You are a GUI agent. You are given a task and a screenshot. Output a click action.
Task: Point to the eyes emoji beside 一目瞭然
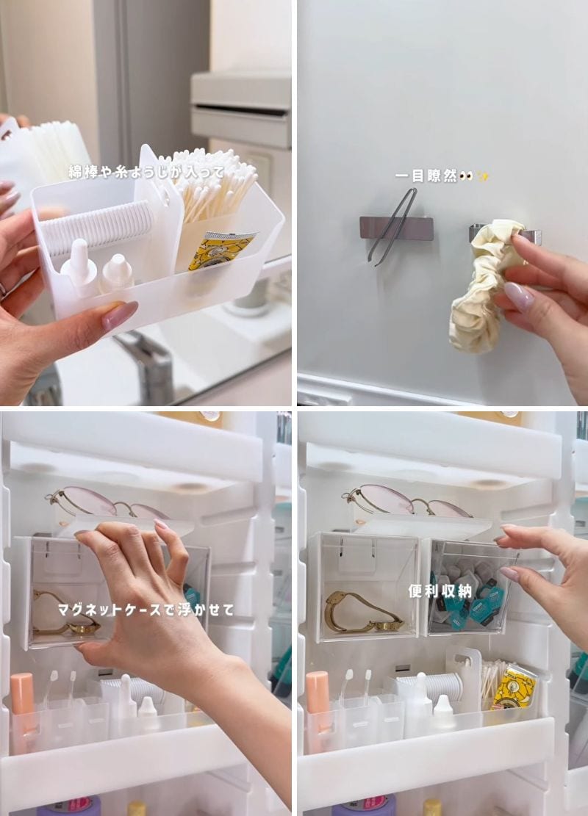(469, 176)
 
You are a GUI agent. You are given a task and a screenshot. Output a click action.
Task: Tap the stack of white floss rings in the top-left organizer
(96, 228)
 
